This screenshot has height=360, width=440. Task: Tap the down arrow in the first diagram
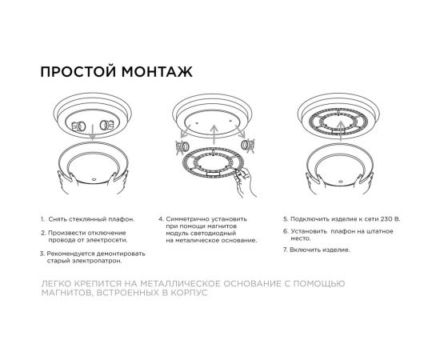point(93,138)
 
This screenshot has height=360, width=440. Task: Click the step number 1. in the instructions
point(42,218)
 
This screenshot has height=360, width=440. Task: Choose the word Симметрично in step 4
point(189,218)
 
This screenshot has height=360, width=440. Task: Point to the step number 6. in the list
point(285,231)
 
